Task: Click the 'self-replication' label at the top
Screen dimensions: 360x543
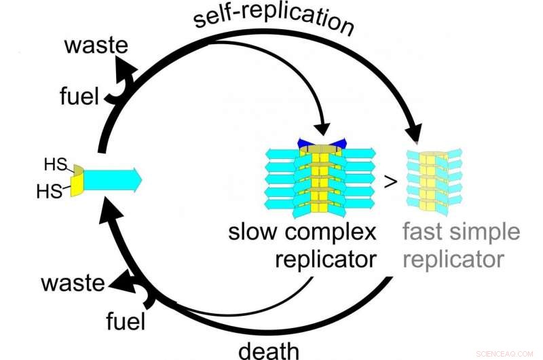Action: click(274, 20)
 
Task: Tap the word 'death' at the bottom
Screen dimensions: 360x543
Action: click(268, 350)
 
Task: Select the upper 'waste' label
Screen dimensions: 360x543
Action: click(96, 47)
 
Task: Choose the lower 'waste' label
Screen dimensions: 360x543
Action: click(74, 283)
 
